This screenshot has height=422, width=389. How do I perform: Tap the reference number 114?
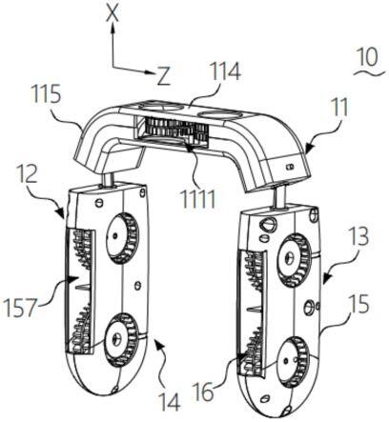[224, 72]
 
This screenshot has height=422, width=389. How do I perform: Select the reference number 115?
[47, 94]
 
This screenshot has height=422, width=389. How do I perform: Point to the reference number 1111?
[198, 198]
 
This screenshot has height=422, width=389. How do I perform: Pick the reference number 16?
[203, 392]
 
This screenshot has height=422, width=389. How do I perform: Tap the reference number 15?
[358, 304]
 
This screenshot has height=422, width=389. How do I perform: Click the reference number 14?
[170, 402]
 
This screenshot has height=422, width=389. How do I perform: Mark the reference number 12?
[29, 172]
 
